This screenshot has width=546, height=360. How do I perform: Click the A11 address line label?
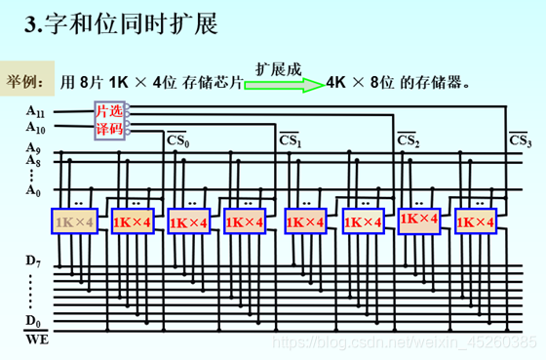click(36, 112)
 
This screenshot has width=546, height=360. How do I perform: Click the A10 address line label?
click(36, 127)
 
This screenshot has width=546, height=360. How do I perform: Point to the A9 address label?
click(34, 148)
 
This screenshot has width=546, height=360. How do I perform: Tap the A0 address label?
click(34, 191)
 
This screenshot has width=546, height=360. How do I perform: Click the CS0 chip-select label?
click(176, 141)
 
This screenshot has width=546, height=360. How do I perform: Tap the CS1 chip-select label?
click(291, 141)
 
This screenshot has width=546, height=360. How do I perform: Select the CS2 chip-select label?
click(409, 141)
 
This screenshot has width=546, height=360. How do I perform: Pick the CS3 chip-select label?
click(521, 141)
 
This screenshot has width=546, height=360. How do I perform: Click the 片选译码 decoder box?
click(108, 120)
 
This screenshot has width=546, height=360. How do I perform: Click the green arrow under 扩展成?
click(284, 85)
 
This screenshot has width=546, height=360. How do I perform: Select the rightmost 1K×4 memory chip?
click(474, 222)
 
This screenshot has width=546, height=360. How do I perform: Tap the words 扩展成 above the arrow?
click(279, 68)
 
